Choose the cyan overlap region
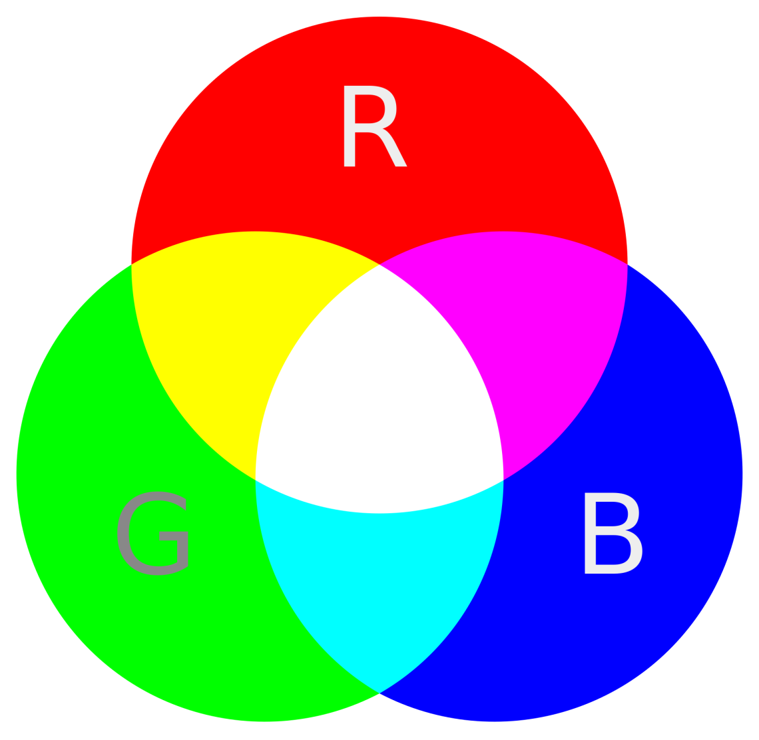point(379,581)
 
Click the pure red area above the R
point(379,49)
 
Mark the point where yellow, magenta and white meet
point(379,265)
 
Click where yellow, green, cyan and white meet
point(255,480)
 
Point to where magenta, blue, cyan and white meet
point(504,480)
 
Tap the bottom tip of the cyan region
point(379,693)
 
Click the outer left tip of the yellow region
point(132,265)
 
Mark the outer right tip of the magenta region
point(627,265)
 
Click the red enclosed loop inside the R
point(369,109)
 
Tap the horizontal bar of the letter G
point(173,536)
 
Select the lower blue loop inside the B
point(613,550)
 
